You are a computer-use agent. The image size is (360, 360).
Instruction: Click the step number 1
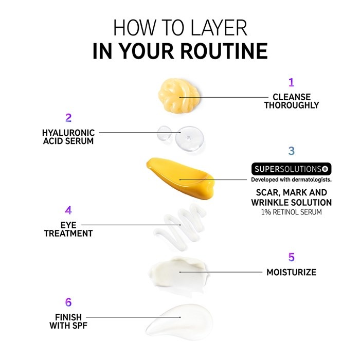point(292,82)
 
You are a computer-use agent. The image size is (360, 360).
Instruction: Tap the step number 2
point(68,118)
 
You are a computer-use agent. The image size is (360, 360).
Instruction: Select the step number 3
point(292,151)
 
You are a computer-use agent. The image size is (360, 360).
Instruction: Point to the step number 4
point(68,210)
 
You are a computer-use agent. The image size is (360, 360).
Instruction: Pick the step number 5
point(292,257)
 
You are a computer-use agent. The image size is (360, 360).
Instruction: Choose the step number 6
point(68,302)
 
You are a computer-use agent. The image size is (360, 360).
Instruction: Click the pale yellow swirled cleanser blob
point(178,95)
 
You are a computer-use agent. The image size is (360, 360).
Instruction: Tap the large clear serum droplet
point(189,138)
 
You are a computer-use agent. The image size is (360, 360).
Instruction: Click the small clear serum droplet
point(165,133)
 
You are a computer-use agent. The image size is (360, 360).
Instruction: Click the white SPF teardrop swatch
point(180,319)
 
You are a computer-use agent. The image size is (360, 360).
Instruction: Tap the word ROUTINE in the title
point(224,51)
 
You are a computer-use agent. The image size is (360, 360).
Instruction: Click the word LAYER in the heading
point(219,28)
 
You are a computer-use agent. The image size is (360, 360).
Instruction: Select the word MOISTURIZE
point(292,272)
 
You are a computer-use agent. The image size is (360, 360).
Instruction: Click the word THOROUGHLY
point(292,105)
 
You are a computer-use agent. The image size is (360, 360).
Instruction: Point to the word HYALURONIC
point(68,133)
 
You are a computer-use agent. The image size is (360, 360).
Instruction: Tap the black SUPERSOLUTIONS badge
point(292,169)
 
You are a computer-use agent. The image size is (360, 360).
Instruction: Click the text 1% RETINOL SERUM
point(292,212)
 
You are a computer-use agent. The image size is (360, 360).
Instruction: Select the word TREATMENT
point(68,233)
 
